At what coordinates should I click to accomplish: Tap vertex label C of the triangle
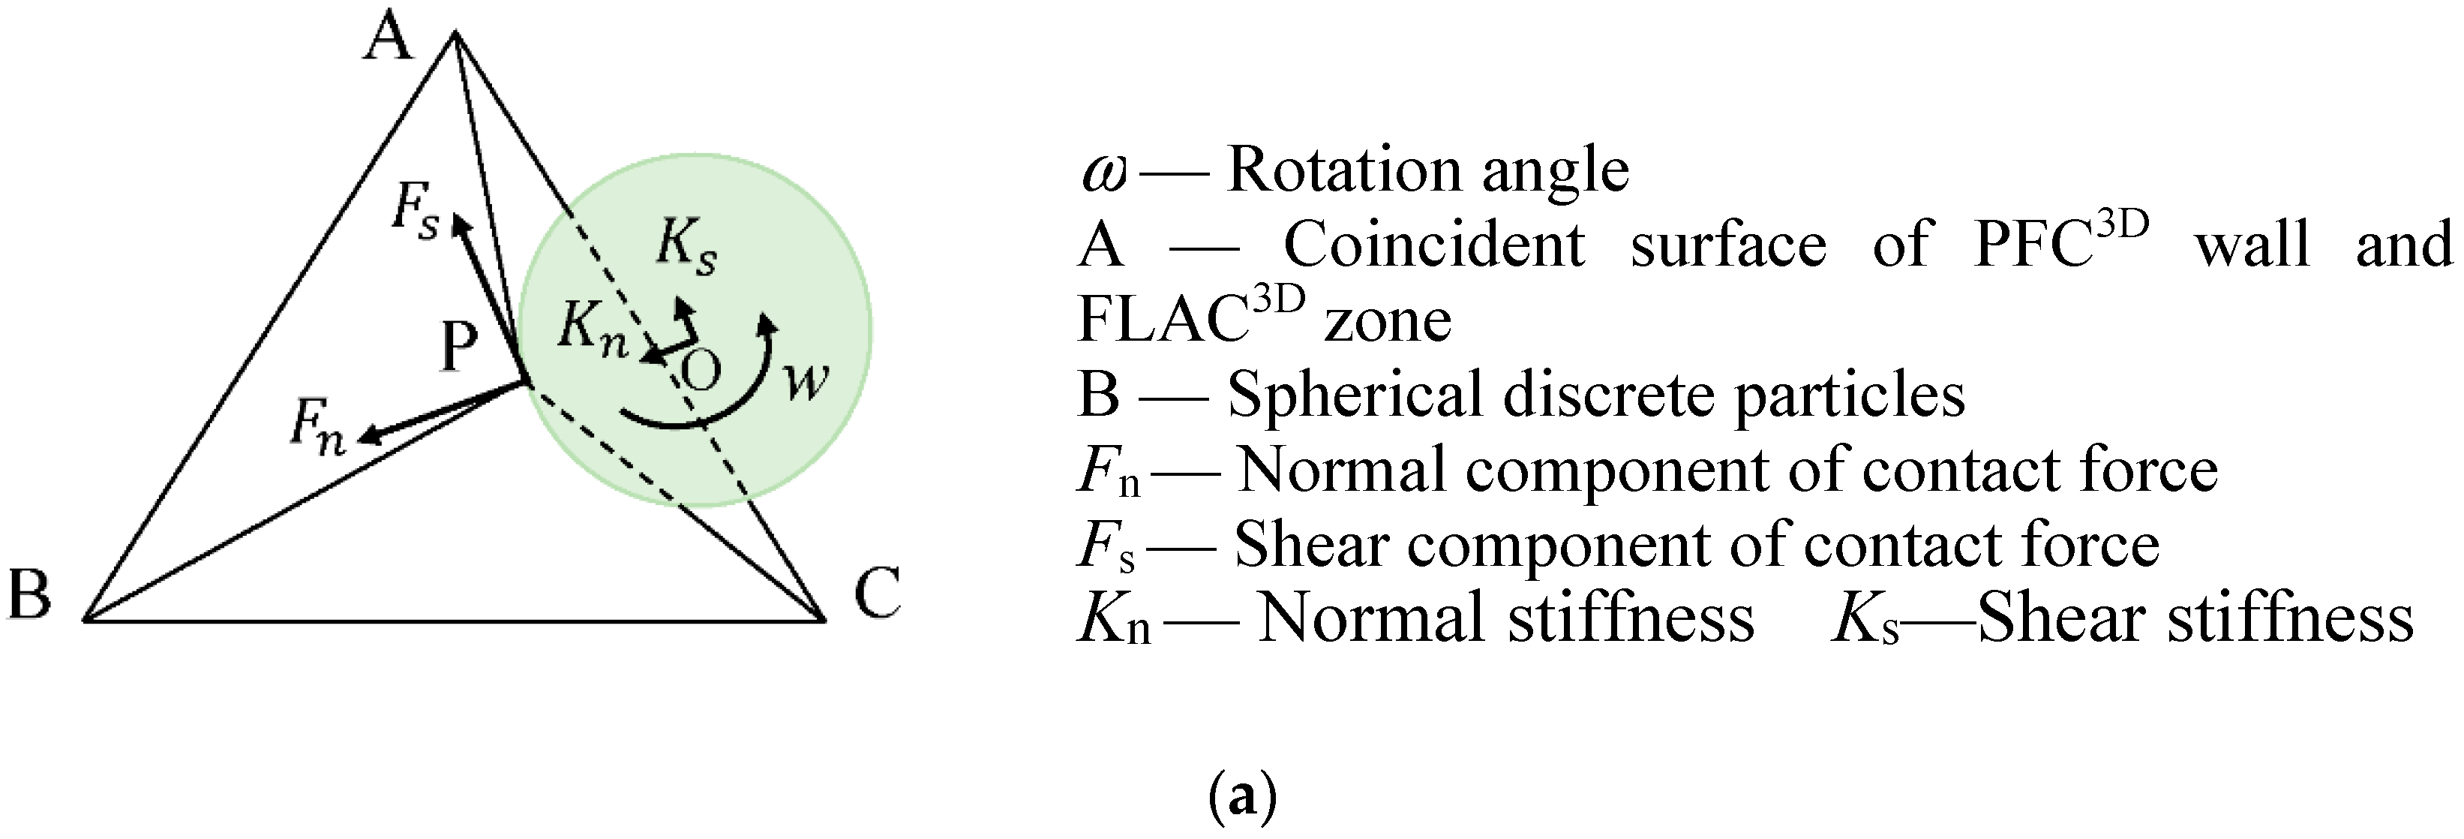876,593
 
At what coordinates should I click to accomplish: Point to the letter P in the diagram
459,346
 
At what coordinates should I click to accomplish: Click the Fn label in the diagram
317,426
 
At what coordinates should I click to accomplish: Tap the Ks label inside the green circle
686,247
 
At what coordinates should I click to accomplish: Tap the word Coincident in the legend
1433,245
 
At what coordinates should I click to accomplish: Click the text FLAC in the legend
1160,320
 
